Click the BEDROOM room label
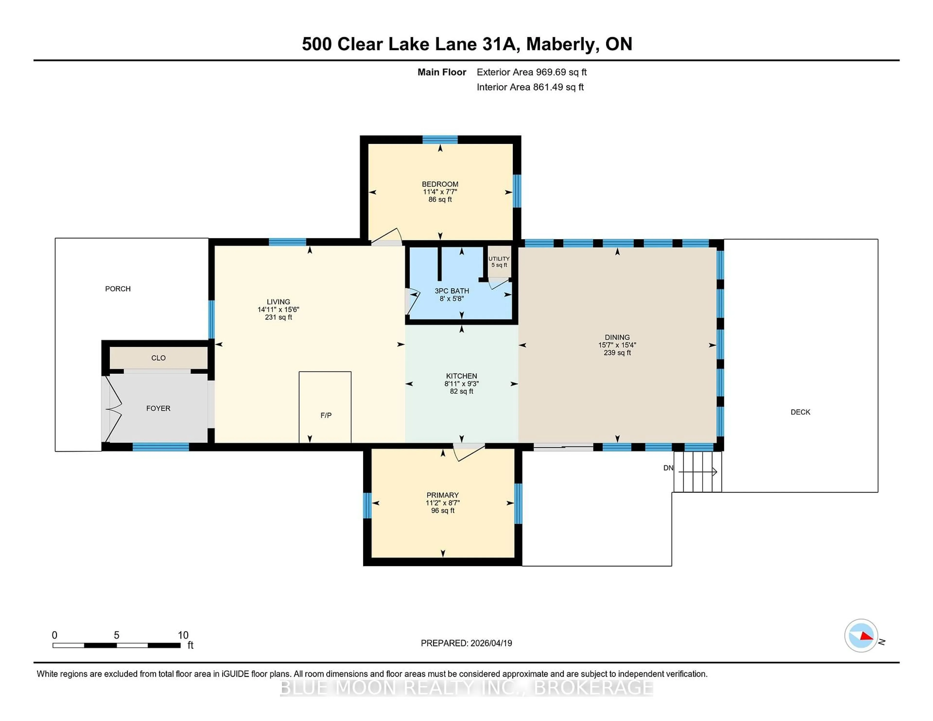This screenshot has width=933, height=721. pos(440,184)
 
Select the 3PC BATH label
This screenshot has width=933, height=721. pos(451,291)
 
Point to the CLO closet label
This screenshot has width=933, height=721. pos(158,358)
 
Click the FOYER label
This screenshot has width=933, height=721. pos(158,408)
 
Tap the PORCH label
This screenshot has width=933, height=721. pos(118,289)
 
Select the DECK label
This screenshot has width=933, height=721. pos(800,412)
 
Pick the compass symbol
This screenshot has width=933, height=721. pos(861,635)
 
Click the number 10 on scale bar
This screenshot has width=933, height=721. pos(183,635)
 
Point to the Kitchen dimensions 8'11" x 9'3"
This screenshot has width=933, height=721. pos(461,384)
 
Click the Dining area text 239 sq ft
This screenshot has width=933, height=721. pos(617,353)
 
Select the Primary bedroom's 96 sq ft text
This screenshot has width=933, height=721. pos(443,510)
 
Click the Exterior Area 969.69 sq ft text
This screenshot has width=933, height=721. pos(531,72)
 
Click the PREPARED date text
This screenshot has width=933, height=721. pos(466,643)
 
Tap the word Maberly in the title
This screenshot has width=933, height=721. pos(560,44)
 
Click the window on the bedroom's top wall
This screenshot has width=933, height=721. pos(440,139)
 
